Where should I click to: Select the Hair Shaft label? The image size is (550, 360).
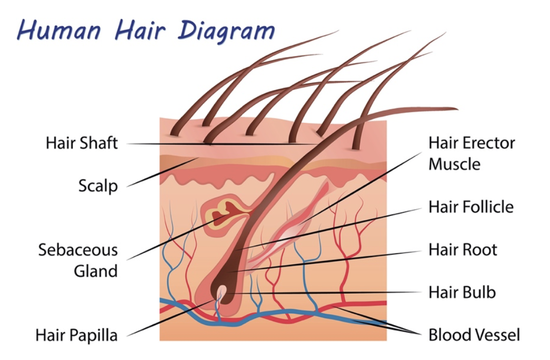(x=81, y=143)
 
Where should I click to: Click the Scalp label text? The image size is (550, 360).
(x=98, y=186)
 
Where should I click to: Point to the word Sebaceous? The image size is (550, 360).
(x=78, y=250)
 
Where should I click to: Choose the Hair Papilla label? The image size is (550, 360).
(x=77, y=335)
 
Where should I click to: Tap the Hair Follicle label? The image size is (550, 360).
(x=471, y=207)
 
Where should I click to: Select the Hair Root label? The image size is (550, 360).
(x=463, y=249)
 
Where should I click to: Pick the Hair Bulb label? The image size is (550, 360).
(x=462, y=292)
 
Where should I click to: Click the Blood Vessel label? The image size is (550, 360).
(x=474, y=335)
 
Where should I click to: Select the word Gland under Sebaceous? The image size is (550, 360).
(x=96, y=271)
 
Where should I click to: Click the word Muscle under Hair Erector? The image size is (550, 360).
(x=454, y=164)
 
